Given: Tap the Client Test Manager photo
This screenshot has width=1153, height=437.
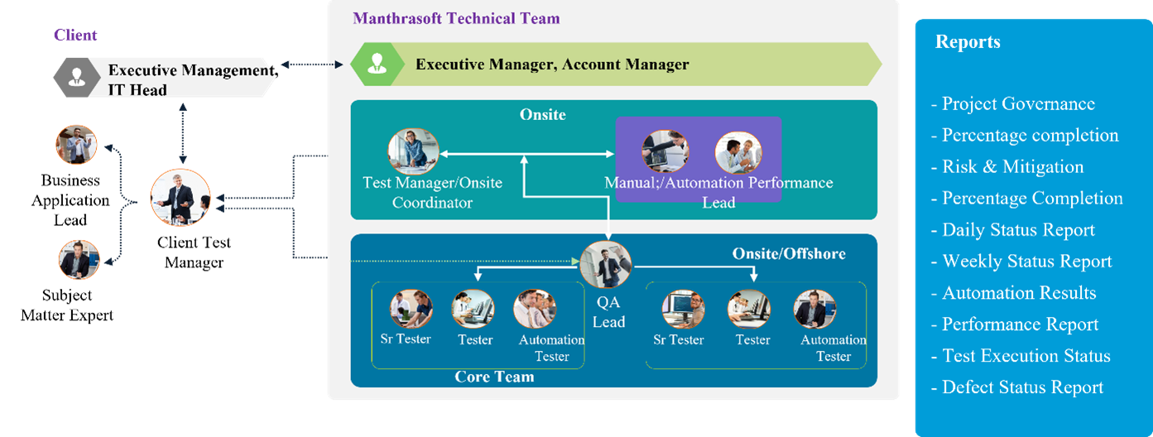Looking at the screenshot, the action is [180, 198].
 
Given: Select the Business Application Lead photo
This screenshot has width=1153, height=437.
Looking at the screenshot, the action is [76, 145].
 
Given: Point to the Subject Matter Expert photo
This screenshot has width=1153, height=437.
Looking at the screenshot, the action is [79, 260].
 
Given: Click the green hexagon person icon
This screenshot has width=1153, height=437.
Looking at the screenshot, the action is [377, 64].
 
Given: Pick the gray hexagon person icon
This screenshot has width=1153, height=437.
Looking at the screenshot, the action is [77, 77].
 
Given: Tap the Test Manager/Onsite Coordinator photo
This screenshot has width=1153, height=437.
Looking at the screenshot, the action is [413, 151].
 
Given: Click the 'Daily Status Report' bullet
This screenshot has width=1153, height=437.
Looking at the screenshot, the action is [1013, 229].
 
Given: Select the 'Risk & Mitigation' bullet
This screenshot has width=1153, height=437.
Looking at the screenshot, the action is [1007, 166].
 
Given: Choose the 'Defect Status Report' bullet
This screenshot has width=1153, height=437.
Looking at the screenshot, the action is [1017, 387].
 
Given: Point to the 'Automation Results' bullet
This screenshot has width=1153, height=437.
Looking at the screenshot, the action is [1013, 292].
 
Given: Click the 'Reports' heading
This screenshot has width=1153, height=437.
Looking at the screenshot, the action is [968, 41].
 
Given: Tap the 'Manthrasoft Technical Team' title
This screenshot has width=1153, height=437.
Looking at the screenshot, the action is [456, 18].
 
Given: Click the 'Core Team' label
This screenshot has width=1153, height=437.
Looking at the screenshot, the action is [494, 377].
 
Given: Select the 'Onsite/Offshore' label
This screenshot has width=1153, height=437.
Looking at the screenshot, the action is [789, 253].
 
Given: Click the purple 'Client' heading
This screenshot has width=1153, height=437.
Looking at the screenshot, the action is [75, 35].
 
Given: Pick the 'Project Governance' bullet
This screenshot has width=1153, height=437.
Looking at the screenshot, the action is [1013, 103].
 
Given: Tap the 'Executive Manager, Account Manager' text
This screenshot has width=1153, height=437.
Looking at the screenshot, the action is [552, 65].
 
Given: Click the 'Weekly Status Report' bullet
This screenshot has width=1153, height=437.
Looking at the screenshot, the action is [1021, 262].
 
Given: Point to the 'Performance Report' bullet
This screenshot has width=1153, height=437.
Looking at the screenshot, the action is [1015, 324].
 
